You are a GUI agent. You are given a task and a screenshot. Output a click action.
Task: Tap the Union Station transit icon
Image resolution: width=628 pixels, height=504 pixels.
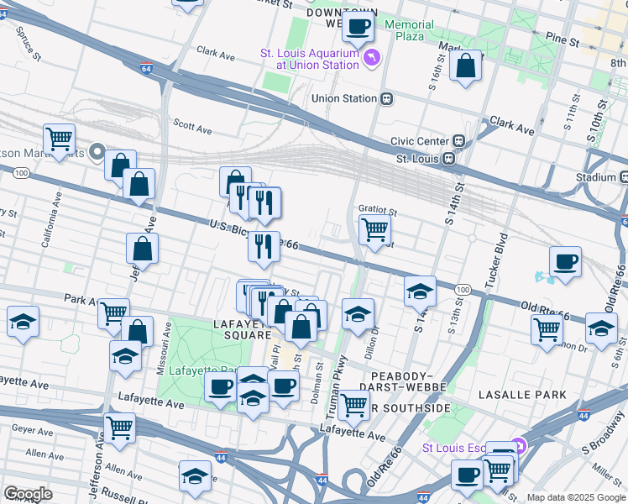tap(387, 98)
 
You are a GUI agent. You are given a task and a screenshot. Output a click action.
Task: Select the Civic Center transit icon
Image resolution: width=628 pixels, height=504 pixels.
tap(459, 141)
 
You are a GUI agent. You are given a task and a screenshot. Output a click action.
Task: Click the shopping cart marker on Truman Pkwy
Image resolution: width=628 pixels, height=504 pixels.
tap(354, 406)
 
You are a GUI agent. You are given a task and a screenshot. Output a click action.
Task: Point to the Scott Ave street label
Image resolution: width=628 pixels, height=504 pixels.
tap(192, 127)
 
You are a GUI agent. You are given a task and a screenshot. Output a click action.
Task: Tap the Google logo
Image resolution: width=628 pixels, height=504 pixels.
tap(28, 495)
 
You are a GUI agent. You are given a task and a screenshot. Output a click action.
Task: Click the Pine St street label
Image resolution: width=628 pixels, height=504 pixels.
tap(562, 39)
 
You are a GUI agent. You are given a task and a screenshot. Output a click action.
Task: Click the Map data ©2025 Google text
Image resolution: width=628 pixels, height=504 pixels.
tap(575, 497)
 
